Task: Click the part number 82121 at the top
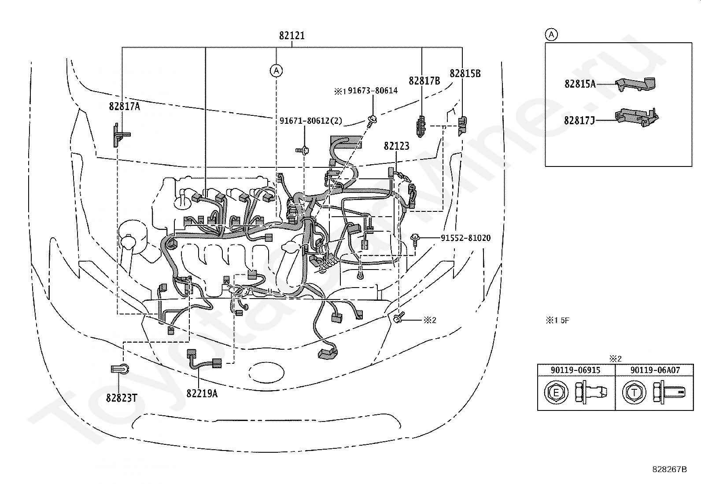click(291, 36)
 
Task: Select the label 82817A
click(124, 107)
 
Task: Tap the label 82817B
click(424, 81)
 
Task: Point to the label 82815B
click(465, 73)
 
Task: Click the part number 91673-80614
click(373, 90)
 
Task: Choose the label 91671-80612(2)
click(311, 121)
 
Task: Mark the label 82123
click(396, 146)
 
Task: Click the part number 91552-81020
click(466, 238)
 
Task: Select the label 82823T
click(122, 398)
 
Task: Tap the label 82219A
click(202, 393)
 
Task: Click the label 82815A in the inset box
click(580, 84)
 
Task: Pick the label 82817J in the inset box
click(579, 120)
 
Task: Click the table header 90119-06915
click(576, 370)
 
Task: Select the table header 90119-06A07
click(655, 370)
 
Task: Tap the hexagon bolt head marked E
click(556, 392)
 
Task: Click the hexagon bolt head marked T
click(634, 392)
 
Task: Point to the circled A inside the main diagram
click(276, 71)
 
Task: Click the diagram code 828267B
click(669, 469)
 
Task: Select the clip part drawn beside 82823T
click(120, 369)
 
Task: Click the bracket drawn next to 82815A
click(635, 84)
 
